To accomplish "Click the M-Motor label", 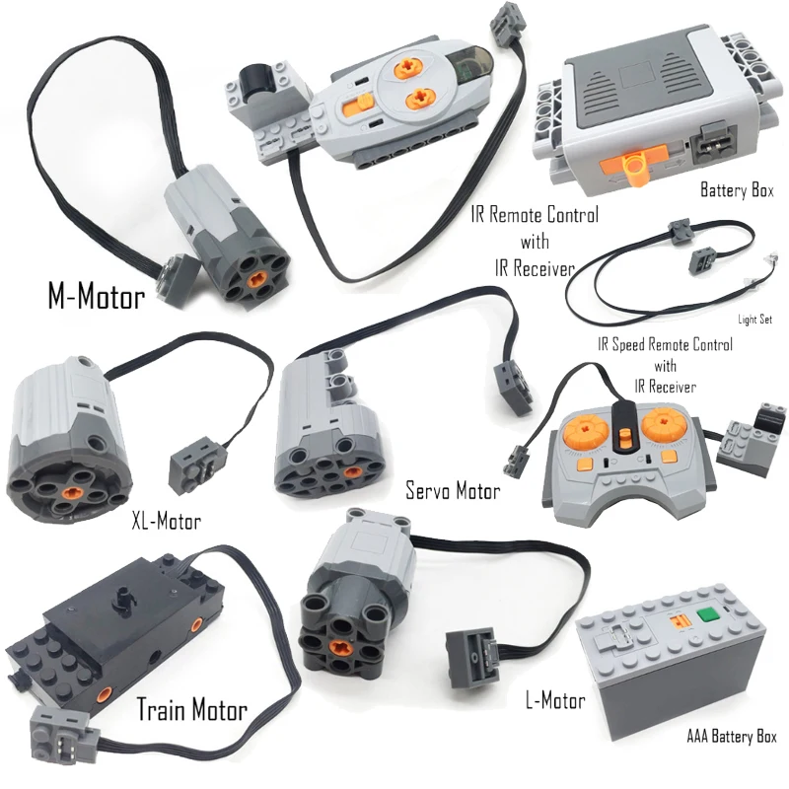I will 96,295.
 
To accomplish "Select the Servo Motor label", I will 453,490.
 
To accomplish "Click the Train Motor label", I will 192,709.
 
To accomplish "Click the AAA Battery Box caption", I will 731,736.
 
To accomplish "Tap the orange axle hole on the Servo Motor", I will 351,472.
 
